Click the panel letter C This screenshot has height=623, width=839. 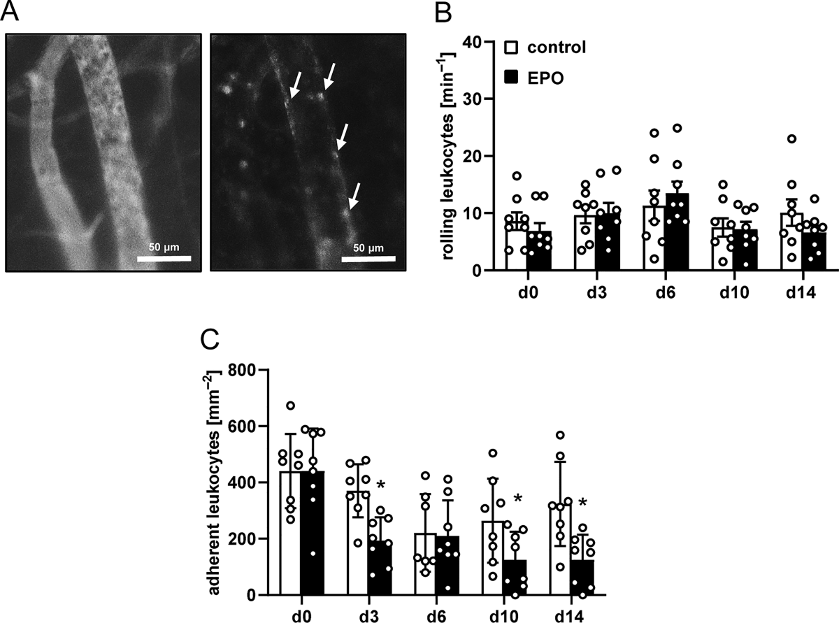(210, 339)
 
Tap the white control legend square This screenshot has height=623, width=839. (510, 47)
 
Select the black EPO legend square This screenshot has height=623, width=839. (510, 78)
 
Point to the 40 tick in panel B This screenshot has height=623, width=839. (473, 42)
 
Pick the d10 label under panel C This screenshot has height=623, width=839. (504, 616)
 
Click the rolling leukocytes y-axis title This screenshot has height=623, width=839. (447, 156)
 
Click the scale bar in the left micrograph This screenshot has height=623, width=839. (164, 259)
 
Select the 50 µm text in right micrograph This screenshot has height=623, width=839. (368, 248)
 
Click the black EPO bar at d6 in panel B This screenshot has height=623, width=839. (677, 232)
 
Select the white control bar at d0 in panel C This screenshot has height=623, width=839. (290, 534)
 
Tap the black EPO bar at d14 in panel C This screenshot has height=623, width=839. (582, 578)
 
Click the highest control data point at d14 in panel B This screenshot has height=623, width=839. (791, 139)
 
